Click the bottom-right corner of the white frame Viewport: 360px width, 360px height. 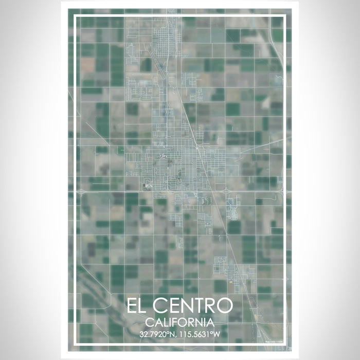(285, 343)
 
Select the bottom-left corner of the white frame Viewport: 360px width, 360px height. (75, 343)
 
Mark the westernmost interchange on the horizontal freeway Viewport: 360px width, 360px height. (82, 192)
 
